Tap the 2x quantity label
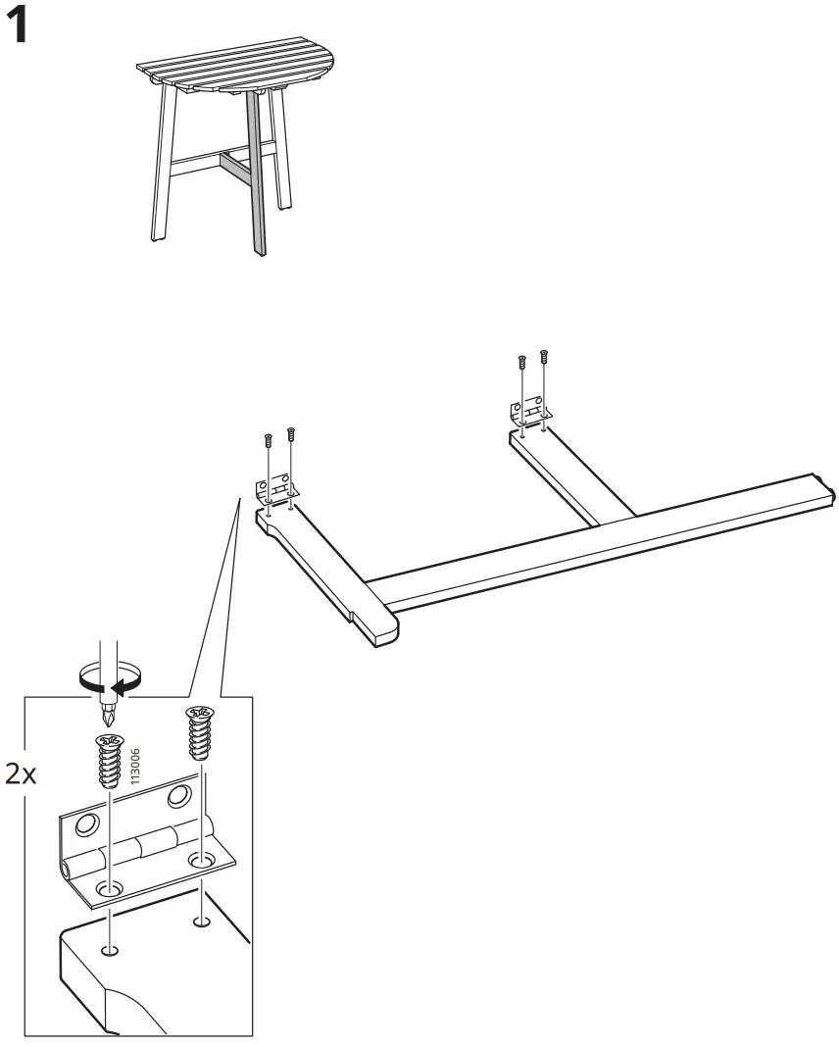[21, 775]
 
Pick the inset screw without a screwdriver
[199, 734]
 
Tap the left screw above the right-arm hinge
[522, 362]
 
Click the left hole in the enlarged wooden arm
[111, 951]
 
